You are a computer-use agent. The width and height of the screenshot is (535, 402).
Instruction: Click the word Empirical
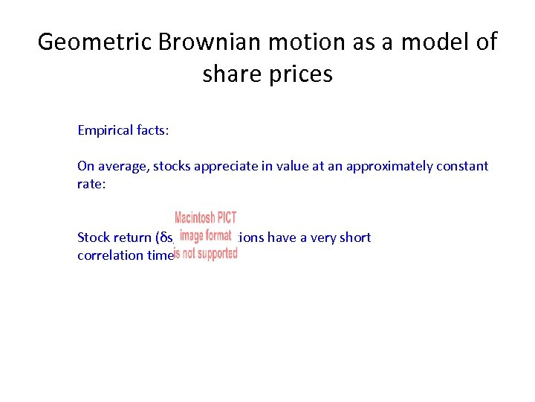pos(106,130)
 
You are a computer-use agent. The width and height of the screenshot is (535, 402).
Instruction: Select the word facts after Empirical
pos(153,130)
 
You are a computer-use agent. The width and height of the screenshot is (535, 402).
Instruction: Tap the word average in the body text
pos(123,166)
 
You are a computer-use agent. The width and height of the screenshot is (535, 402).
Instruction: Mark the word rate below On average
pos(91,184)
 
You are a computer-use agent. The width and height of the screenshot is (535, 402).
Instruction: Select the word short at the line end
pos(354,237)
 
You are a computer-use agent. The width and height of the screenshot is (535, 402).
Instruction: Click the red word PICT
pos(227,218)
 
